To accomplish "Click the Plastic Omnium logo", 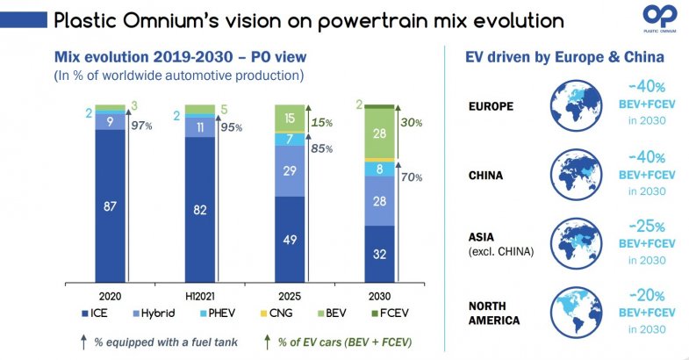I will (658, 18).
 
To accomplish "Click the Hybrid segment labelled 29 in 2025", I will (289, 170).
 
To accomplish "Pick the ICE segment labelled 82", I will (200, 211).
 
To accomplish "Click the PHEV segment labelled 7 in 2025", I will (289, 139).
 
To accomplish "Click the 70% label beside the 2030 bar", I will (412, 176).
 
